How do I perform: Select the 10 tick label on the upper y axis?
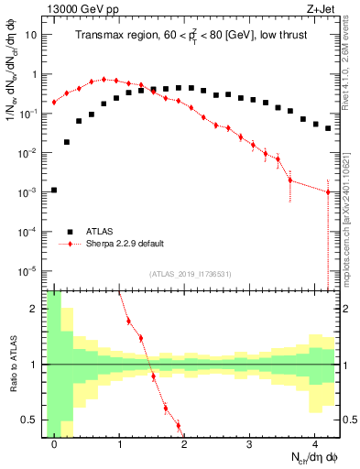[x=29, y=35]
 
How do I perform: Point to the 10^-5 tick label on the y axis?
[x=27, y=271]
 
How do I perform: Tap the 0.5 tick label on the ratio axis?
[x=29, y=420]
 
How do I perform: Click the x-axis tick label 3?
[x=250, y=443]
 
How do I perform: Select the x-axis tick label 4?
[x=315, y=443]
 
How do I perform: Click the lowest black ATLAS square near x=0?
[x=54, y=191]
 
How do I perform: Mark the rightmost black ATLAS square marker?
[x=328, y=128]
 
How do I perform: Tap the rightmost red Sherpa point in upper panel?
[x=328, y=191]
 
